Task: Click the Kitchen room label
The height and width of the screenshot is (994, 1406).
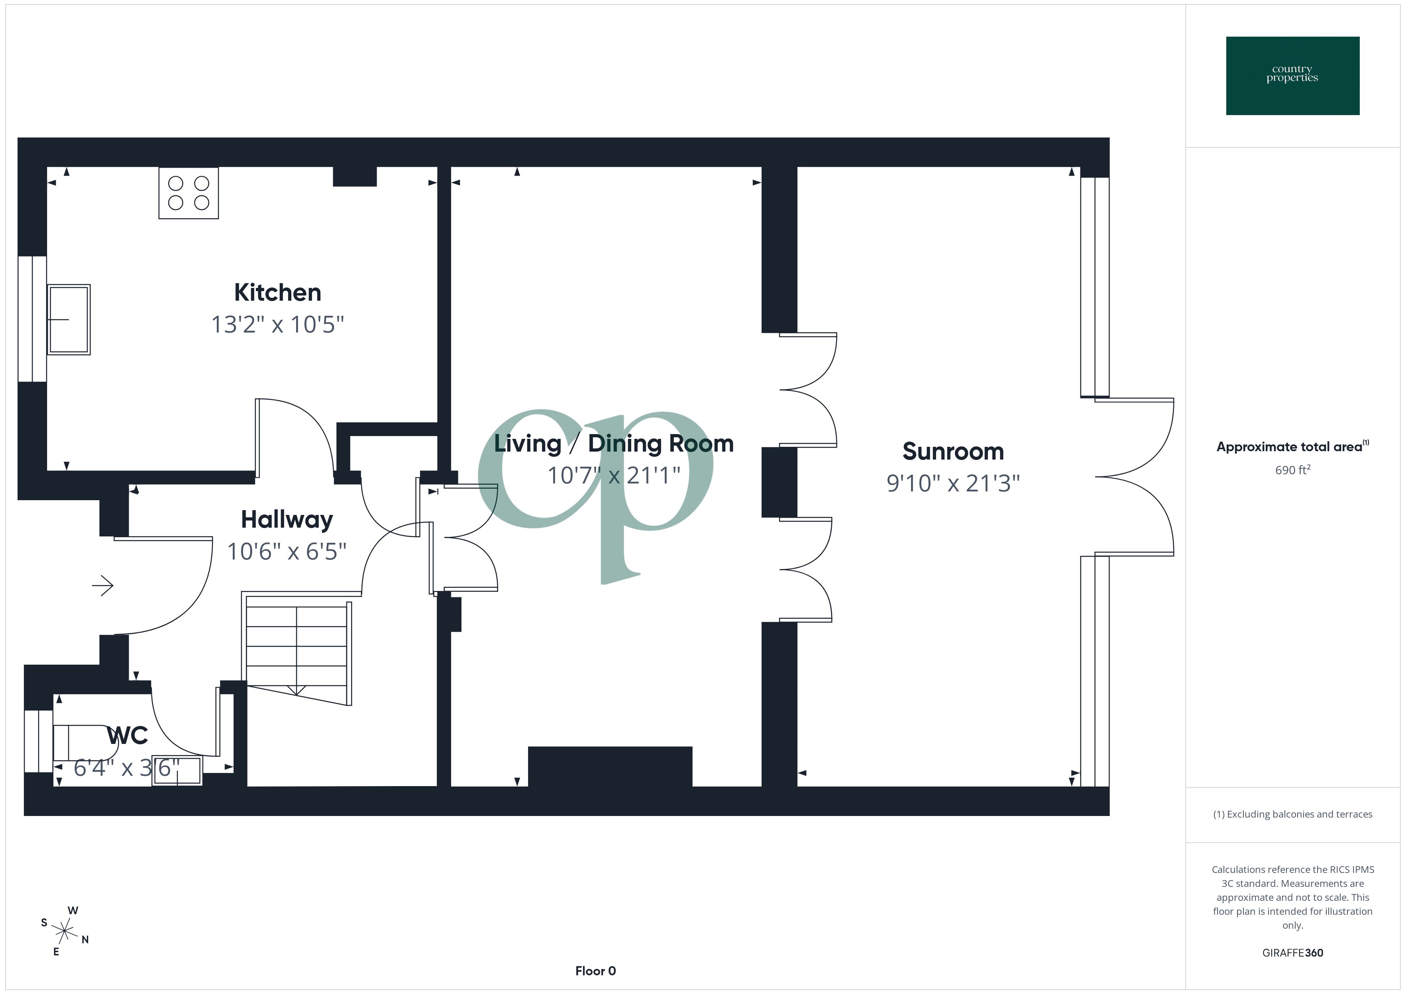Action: (277, 293)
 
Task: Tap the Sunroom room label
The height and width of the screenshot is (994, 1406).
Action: (953, 452)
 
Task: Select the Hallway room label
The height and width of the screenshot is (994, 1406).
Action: (287, 520)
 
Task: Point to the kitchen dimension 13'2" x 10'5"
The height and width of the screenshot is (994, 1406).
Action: (277, 325)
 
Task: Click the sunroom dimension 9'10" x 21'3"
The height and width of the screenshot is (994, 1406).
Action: (953, 483)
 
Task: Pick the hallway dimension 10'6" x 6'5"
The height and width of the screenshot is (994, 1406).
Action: (287, 552)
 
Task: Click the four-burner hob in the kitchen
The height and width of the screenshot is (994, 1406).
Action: (189, 193)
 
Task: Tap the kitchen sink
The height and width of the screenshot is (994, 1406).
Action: (69, 319)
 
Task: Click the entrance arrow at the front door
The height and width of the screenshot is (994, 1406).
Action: (103, 586)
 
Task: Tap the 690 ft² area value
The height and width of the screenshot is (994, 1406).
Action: (1292, 470)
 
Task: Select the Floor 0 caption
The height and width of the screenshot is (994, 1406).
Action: (595, 971)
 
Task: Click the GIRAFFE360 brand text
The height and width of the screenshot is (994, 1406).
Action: (1292, 953)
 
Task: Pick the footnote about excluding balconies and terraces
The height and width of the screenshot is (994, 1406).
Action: (1292, 814)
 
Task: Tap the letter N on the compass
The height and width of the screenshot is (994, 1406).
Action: (85, 939)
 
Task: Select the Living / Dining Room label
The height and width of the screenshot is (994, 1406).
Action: (614, 444)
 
